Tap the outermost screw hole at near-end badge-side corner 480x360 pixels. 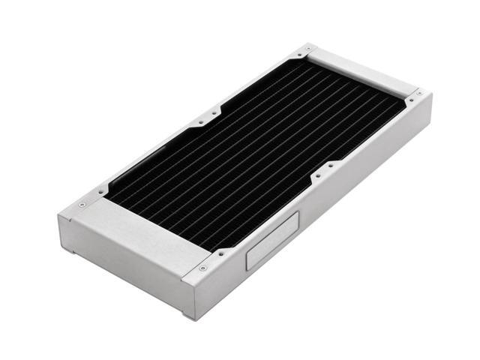point(202,268)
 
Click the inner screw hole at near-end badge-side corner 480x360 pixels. point(219,253)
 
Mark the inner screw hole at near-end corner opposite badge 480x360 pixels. point(100,192)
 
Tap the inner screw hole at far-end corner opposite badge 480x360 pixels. point(296,55)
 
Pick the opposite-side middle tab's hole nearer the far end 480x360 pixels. point(214,112)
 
